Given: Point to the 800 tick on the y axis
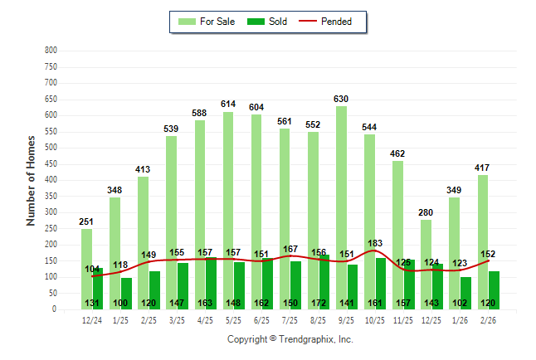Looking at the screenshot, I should click(51, 51).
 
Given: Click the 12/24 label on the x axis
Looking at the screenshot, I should click(92, 319).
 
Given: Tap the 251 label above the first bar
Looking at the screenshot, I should click(86, 221).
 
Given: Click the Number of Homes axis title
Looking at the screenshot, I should click(32, 180).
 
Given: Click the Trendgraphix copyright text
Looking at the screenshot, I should click(290, 339).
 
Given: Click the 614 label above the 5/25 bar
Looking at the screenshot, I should click(228, 104).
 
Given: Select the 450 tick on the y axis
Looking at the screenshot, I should click(51, 164).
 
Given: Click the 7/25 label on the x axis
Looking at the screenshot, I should click(290, 319).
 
